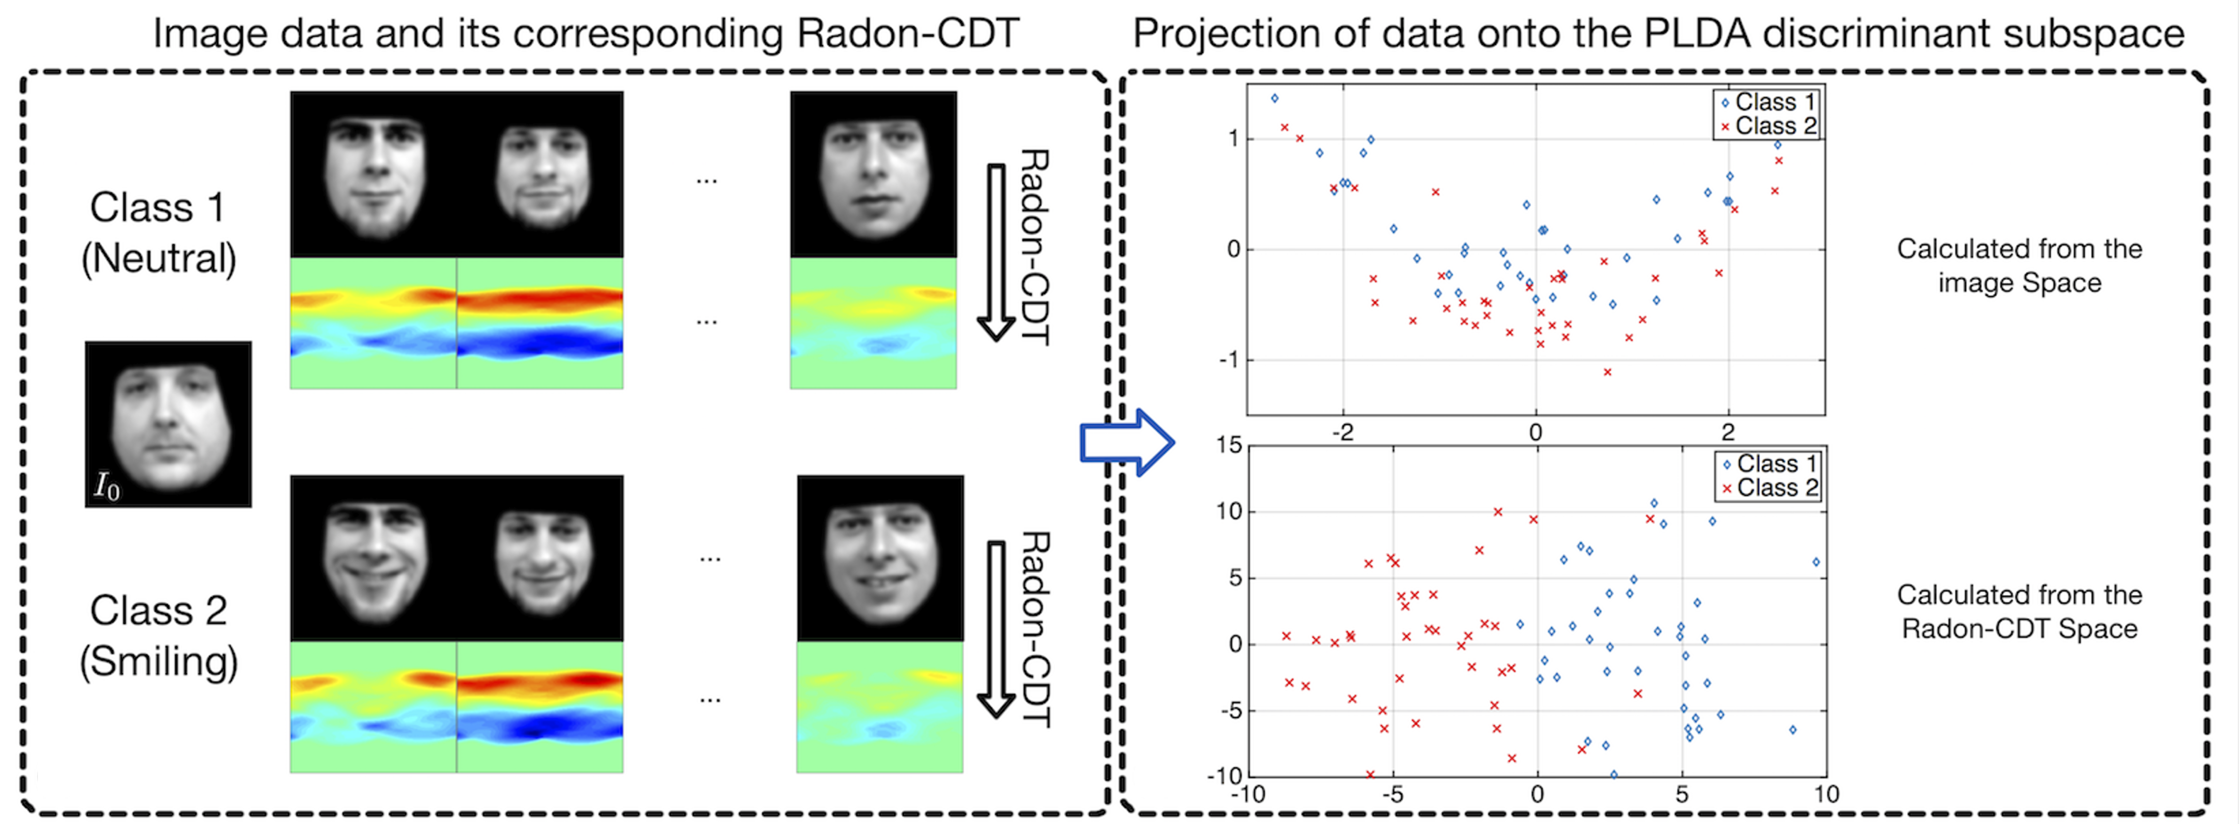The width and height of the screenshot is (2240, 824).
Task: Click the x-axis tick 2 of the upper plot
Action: point(1728,433)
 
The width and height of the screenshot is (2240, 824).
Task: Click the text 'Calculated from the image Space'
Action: point(2019,265)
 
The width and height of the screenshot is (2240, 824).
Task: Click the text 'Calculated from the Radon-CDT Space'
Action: point(2019,612)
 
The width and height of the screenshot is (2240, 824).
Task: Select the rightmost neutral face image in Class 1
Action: point(873,174)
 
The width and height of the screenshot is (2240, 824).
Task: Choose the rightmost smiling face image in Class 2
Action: point(880,558)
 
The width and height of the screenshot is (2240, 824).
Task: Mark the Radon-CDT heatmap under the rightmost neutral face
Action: point(873,323)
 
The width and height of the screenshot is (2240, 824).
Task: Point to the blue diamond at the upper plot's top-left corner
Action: point(1275,98)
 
